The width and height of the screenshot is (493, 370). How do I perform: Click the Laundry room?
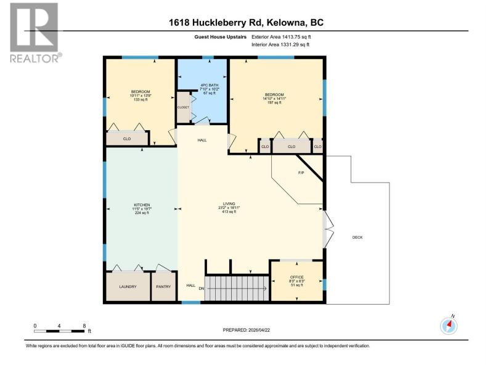[x=128, y=286]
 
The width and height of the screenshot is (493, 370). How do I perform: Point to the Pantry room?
[x=163, y=286]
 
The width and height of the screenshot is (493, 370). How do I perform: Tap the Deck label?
[x=357, y=237]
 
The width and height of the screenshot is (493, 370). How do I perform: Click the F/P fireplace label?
[x=301, y=173]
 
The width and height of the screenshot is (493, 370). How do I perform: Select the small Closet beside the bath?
[x=183, y=107]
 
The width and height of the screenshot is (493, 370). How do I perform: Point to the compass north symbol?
[x=449, y=325]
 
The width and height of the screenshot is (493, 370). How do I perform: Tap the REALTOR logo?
[x=35, y=33]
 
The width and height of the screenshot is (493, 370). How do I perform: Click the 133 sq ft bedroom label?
[x=141, y=96]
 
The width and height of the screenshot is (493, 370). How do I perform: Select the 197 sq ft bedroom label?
[x=274, y=99]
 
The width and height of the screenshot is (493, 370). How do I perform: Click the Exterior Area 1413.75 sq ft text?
[x=281, y=37]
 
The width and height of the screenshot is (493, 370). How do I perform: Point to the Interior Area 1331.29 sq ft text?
[x=280, y=44]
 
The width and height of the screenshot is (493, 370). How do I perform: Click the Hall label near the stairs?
[x=191, y=286]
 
